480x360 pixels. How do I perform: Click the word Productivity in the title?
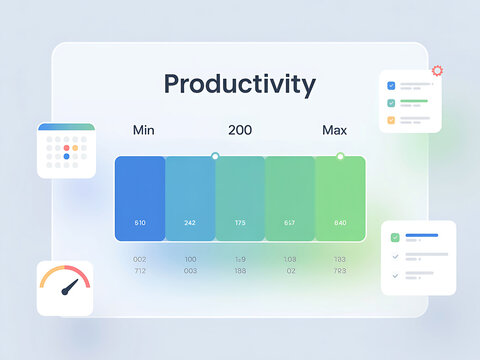239,84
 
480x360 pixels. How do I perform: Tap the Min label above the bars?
144,130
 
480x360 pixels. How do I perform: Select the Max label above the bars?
334,130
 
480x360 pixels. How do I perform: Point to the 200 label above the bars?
240,130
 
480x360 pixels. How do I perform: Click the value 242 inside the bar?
190,222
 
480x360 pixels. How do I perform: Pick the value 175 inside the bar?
240,222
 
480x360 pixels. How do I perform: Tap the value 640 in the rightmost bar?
340,222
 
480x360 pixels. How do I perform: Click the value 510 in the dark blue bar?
140,222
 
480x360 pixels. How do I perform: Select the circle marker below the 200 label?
215,156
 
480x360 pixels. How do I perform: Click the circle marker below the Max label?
340,156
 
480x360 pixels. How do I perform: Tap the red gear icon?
437,71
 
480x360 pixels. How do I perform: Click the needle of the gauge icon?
68,289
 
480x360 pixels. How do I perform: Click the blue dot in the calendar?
66,156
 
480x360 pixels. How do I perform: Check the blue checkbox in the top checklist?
391,86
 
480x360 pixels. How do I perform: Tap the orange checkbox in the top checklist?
391,119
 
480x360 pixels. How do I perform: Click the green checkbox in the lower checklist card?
395,237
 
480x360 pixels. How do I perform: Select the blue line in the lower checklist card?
421,236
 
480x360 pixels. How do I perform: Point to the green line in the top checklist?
414,101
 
